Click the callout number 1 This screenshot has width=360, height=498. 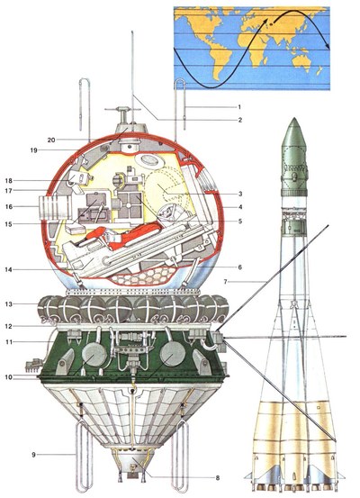[x=239, y=107]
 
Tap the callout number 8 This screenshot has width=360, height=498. [x=218, y=477]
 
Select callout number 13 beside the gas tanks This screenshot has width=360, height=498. [x=9, y=304]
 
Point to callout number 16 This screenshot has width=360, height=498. [x=9, y=207]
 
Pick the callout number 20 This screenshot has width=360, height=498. [x=51, y=140]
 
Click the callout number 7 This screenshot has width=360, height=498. [x=226, y=281]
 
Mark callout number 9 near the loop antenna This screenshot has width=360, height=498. [x=33, y=455]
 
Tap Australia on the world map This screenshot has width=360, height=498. [x=301, y=59]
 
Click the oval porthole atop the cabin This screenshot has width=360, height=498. [x=149, y=159]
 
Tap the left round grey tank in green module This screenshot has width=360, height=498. [x=94, y=354]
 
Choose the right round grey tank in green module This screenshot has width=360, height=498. [x=173, y=354]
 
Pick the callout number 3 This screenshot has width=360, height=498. [x=240, y=194]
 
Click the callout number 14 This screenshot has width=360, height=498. [x=9, y=269]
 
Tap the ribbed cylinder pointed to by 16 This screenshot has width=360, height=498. [x=54, y=207]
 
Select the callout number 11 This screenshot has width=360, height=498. [x=9, y=341]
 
